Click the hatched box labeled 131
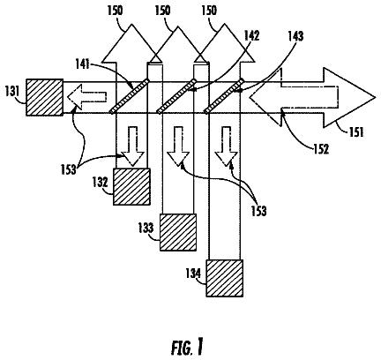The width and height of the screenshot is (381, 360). tap(44, 97)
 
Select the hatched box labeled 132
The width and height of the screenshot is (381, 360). tap(131, 186)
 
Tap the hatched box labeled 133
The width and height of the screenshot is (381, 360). tap(178, 232)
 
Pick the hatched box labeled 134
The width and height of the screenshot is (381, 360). tap(225, 278)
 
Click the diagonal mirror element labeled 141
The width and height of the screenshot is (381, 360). tap(130, 96)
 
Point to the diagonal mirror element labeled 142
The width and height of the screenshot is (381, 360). tap(176, 96)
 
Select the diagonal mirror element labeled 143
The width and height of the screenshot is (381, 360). tap(224, 96)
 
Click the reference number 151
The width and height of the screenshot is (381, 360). tap(355, 132)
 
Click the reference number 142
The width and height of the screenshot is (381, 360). tap(251, 35)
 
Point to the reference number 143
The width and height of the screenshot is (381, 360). tap(295, 36)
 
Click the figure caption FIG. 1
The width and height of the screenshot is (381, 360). tap(187, 348)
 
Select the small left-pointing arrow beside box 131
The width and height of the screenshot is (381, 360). tap(86, 96)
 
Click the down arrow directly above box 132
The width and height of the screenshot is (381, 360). tap(133, 146)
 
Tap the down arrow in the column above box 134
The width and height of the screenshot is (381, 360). tap(226, 146)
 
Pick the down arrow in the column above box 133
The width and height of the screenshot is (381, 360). tap(178, 146)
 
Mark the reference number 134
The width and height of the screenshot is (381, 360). tap(193, 274)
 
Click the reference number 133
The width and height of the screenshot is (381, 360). tap(146, 229)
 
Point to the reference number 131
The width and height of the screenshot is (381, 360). tap(12, 91)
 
